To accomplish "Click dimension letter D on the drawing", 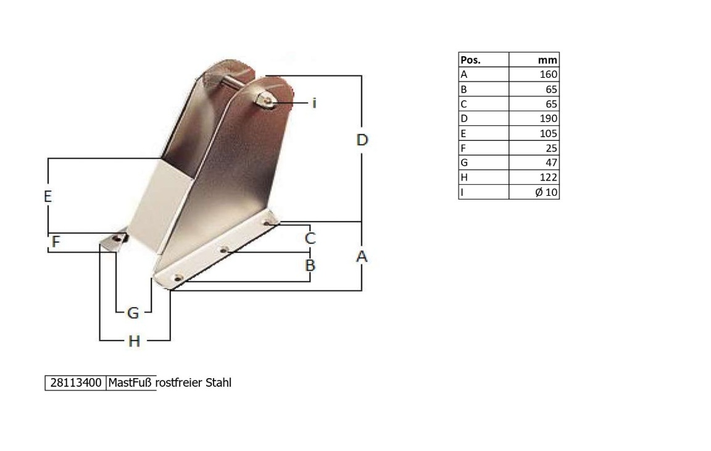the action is tap(362, 140).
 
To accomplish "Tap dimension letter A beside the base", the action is tap(362, 256).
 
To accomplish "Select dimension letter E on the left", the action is tap(48, 196).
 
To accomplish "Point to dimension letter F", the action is tap(56, 242).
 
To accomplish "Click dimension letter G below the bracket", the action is tap(133, 313).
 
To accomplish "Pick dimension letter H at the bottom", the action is tap(134, 341).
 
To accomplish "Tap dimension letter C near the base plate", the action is tap(310, 238).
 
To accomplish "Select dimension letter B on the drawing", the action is tap(310, 265).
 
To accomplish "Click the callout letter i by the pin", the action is tap(314, 103).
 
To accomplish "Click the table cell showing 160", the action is tap(549, 74).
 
